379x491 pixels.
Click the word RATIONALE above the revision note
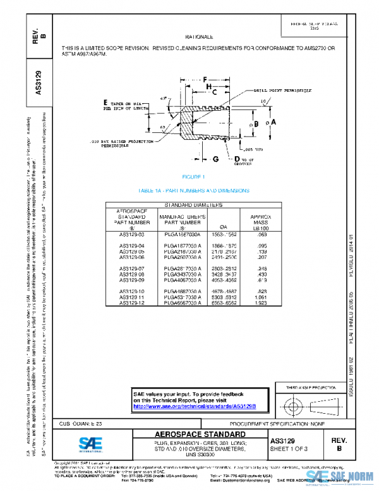coord(199,37)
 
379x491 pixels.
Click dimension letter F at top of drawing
coord(207,78)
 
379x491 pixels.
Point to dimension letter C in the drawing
coord(214,92)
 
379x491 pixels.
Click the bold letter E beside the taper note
coord(105,103)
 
